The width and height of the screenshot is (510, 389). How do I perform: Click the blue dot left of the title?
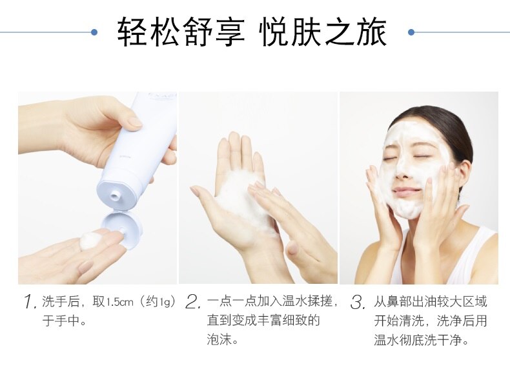(94, 32)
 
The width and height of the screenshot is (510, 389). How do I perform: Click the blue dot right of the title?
(411, 32)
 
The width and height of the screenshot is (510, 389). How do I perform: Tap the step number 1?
(30, 302)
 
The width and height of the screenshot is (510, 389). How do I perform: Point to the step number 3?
(358, 302)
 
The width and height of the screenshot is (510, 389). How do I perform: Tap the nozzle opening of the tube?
(114, 195)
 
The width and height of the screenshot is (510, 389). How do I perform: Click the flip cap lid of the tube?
(122, 229)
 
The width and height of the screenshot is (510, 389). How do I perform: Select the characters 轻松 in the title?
(148, 32)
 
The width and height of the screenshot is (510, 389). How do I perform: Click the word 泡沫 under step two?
(219, 340)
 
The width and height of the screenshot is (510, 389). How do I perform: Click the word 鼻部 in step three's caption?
(398, 302)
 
